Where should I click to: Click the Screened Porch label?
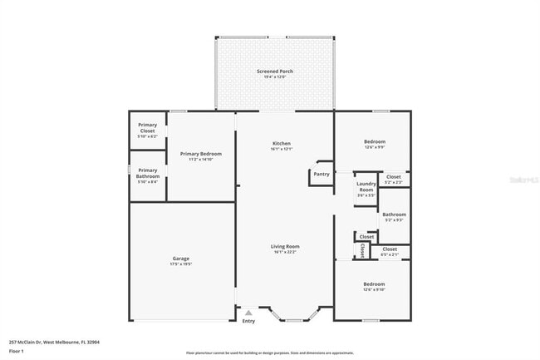pyautogui.click(x=274, y=72)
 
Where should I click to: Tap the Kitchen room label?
pyautogui.click(x=281, y=144)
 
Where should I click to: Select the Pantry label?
pyautogui.click(x=322, y=174)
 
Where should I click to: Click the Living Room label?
pyautogui.click(x=284, y=246)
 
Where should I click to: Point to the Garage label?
pyautogui.click(x=180, y=259)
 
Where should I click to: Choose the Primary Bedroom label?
pyautogui.click(x=200, y=154)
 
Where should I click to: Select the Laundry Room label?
pyautogui.click(x=366, y=187)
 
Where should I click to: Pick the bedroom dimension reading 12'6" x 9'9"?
pyautogui.click(x=374, y=147)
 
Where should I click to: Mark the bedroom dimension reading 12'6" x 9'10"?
pyautogui.click(x=374, y=289)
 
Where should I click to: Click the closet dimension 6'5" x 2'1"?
pyautogui.click(x=389, y=254)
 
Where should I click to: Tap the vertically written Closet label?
pyautogui.click(x=362, y=250)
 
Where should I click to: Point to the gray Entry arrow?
pyautogui.click(x=248, y=313)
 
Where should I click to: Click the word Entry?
pyautogui.click(x=248, y=321)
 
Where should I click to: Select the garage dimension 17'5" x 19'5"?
pyautogui.click(x=180, y=264)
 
